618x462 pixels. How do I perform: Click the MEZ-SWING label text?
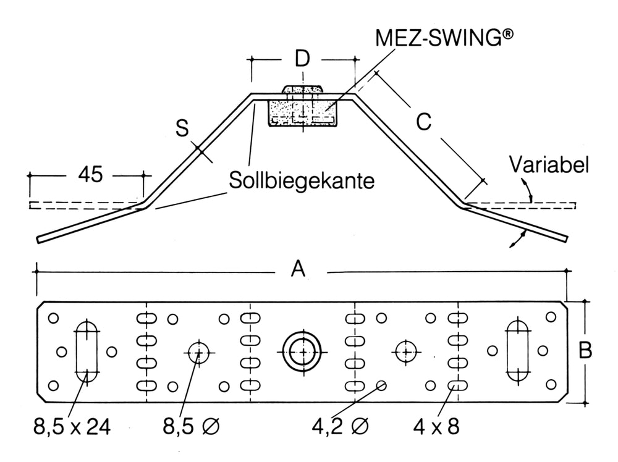[444, 38]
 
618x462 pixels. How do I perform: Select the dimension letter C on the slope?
[423, 123]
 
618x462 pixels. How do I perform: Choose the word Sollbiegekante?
[302, 181]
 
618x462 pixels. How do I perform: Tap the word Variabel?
[549, 165]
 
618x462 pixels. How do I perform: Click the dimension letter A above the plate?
[298, 269]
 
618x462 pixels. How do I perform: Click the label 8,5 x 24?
[73, 426]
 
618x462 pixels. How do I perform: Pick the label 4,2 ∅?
[341, 426]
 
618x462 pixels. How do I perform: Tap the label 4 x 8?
[436, 426]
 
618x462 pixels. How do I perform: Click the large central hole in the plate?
[303, 351]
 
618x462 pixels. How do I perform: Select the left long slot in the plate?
[87, 351]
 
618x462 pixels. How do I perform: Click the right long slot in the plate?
[517, 351]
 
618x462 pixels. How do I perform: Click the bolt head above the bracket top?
[302, 90]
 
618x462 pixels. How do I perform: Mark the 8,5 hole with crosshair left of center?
[198, 352]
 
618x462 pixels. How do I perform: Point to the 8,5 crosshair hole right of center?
[405, 351]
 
